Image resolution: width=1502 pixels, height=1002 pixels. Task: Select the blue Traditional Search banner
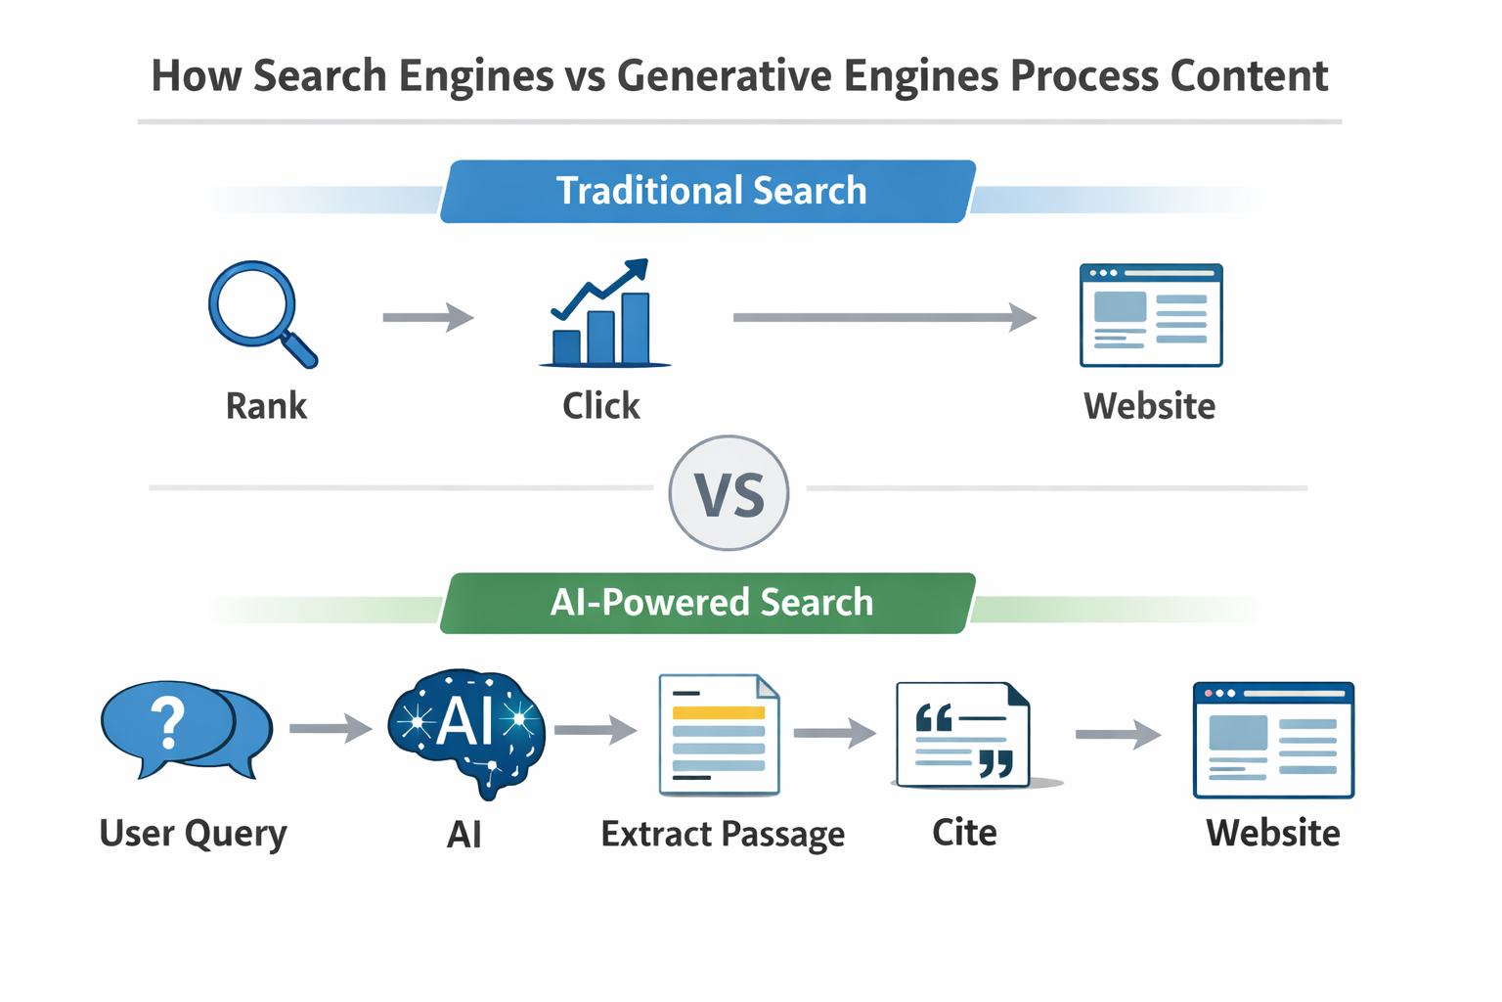710,191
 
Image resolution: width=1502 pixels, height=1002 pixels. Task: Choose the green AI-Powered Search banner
710,603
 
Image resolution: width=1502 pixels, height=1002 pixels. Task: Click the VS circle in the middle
729,493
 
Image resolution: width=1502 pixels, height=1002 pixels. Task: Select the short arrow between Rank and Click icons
427,317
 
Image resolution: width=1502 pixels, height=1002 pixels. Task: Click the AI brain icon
466,729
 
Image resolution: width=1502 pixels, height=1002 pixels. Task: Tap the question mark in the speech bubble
168,724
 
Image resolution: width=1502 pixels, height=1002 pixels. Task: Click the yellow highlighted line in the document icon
719,712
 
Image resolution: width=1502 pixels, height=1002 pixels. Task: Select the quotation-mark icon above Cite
964,736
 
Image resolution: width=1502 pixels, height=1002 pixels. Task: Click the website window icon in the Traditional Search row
1151,315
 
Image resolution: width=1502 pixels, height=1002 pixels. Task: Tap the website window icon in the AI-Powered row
1273,740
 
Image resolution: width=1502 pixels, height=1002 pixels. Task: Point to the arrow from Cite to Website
1117,734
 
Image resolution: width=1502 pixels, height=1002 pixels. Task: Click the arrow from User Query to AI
331,728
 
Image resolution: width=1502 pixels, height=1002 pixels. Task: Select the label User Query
194,834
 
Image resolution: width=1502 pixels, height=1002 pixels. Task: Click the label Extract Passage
723,834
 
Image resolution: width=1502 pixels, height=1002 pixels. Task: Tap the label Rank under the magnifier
266,405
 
